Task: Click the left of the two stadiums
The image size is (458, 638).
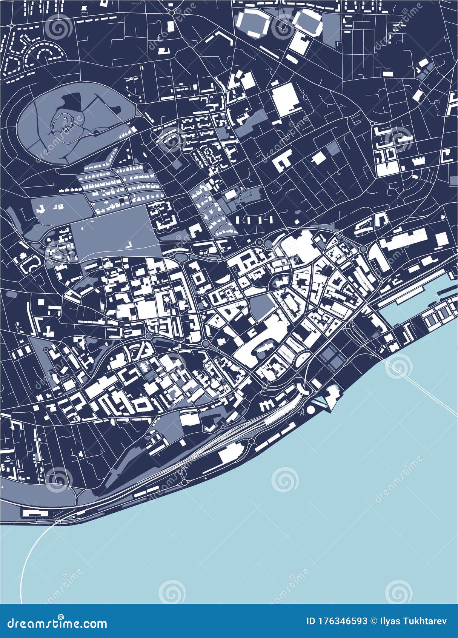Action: click(x=254, y=23)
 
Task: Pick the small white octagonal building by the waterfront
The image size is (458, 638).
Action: click(x=312, y=409)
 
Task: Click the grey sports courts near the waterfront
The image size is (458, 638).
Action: click(x=331, y=357)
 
